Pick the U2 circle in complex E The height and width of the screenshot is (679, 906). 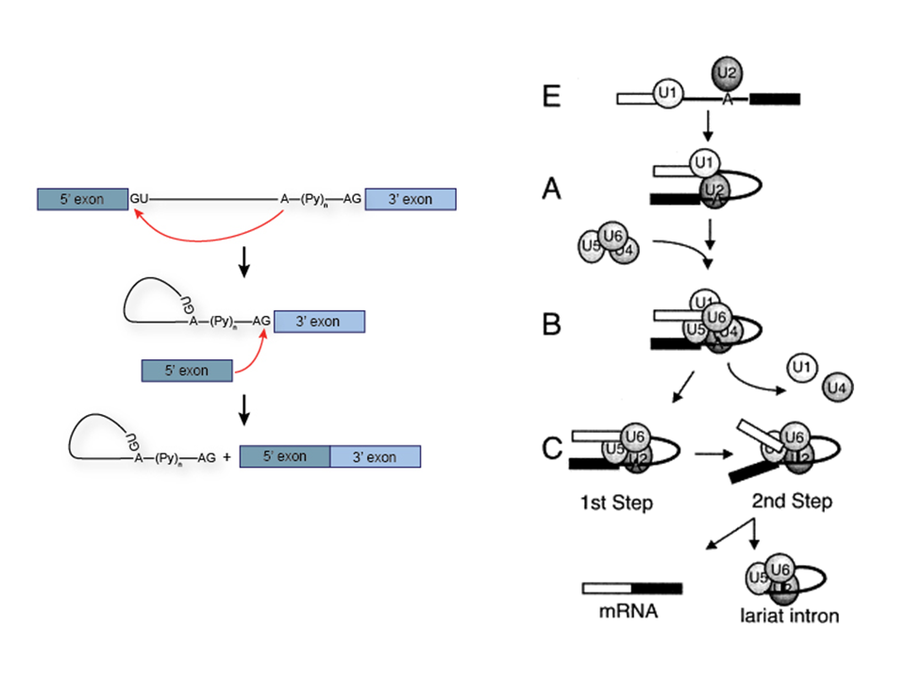pos(725,71)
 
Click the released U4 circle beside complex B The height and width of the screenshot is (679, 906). pos(837,386)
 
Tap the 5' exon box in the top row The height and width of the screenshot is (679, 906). pos(83,199)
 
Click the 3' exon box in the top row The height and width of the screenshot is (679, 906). pos(411,199)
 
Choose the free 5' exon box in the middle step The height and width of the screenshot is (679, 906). pos(187,371)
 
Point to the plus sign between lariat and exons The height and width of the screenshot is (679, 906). pos(227,456)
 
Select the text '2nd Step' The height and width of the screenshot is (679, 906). pos(793,501)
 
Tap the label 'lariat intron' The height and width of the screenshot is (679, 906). pos(790,619)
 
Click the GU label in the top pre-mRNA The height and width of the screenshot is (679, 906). pos(138,199)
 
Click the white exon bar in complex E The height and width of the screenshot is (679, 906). pos(635,97)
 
